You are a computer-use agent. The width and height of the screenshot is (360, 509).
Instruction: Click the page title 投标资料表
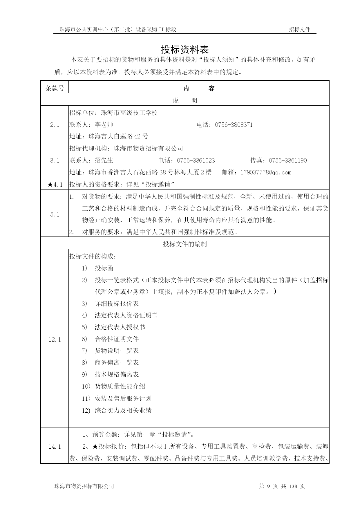coord(185,50)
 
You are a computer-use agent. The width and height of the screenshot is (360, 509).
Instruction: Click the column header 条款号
coord(55,89)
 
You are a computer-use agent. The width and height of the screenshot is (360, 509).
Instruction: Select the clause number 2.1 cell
coord(55,125)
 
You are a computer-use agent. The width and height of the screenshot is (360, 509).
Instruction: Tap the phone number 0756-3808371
coord(234,125)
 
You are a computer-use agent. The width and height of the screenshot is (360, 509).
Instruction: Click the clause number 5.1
coord(55,214)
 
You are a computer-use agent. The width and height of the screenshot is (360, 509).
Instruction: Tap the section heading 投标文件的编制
coord(185,244)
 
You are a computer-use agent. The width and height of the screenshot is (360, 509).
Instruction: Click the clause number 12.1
coord(55,340)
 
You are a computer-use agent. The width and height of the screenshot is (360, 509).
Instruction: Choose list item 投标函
coord(104,268)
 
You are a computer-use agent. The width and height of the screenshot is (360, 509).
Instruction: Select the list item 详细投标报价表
coord(117,304)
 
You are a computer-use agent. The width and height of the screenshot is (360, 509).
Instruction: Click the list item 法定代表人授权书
coord(120,327)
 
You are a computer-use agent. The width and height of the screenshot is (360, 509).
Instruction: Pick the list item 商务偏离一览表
coord(117,362)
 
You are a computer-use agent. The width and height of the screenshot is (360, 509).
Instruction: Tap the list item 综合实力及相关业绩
coord(123,410)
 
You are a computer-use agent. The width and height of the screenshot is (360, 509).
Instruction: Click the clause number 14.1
coord(55,447)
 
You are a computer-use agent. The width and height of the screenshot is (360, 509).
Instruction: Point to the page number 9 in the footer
coord(268,486)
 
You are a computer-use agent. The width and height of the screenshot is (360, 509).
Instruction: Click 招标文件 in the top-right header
coord(299,29)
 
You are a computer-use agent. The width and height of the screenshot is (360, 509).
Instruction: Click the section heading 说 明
coord(185,100)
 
